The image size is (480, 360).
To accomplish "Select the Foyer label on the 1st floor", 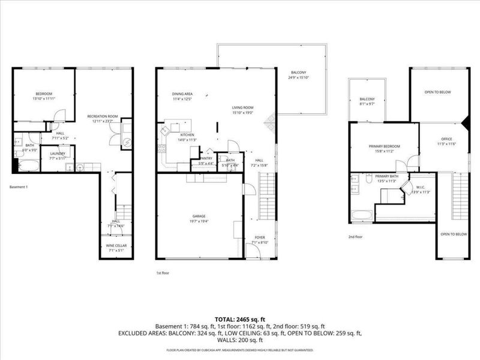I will [x=260, y=237].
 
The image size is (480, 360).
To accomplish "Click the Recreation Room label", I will [x=102, y=116].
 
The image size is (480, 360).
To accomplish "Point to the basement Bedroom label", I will [x=44, y=94].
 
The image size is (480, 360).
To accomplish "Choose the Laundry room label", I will [x=58, y=153].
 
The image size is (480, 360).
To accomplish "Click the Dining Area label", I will [x=182, y=94].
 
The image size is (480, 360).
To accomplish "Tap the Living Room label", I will [x=244, y=108].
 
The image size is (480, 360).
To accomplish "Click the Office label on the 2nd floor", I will [x=442, y=139].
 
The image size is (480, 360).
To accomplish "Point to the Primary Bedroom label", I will [x=384, y=146].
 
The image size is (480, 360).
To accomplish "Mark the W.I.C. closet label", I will [x=421, y=187].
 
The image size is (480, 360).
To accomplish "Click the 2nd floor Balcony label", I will [x=367, y=99].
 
